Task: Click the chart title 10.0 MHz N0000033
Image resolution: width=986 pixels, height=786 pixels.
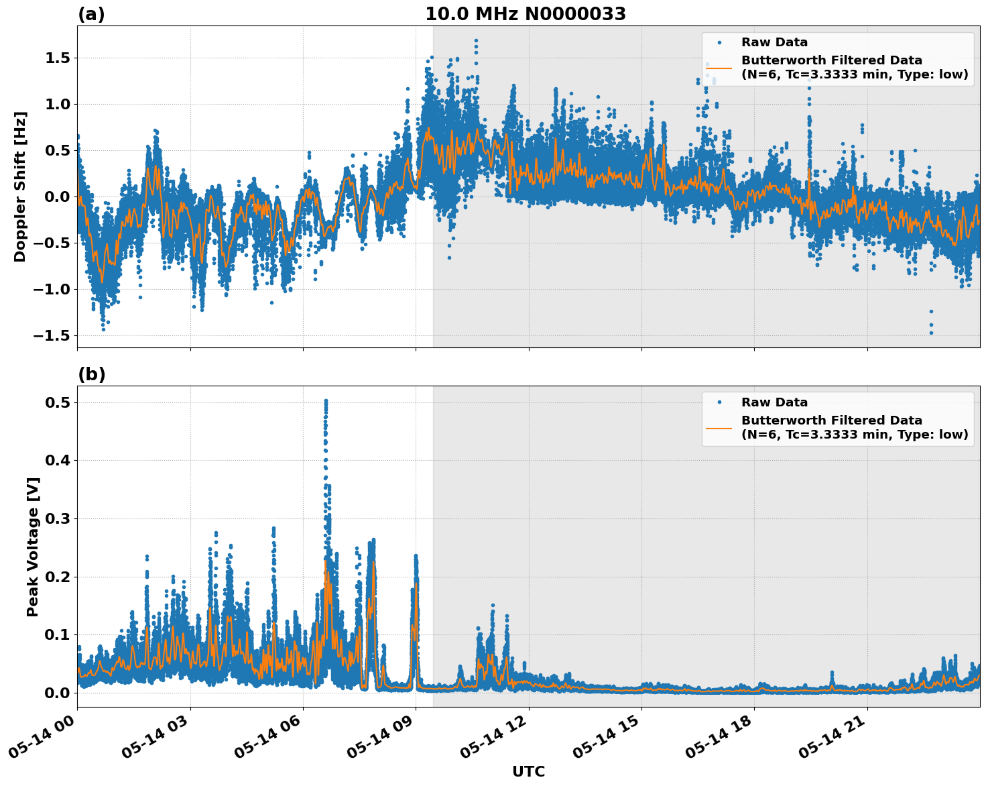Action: pos(525,14)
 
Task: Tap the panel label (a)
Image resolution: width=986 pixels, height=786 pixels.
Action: pos(91,14)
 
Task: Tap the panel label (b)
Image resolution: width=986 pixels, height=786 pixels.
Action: pos(91,374)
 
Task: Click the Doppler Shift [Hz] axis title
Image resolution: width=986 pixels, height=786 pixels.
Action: pos(20,186)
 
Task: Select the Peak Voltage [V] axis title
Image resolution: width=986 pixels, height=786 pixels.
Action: pos(33,547)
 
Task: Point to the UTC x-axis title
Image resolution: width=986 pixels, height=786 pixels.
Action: pos(528,771)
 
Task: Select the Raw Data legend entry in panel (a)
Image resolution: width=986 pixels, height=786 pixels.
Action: pos(774,42)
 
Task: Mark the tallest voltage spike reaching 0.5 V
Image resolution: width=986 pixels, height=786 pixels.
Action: pos(326,402)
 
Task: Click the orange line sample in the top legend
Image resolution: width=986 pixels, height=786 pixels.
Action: pos(719,67)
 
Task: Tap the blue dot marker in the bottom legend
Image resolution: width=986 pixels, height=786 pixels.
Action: pos(719,402)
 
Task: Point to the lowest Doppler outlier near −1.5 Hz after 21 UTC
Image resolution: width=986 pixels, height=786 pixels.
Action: pos(931,333)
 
